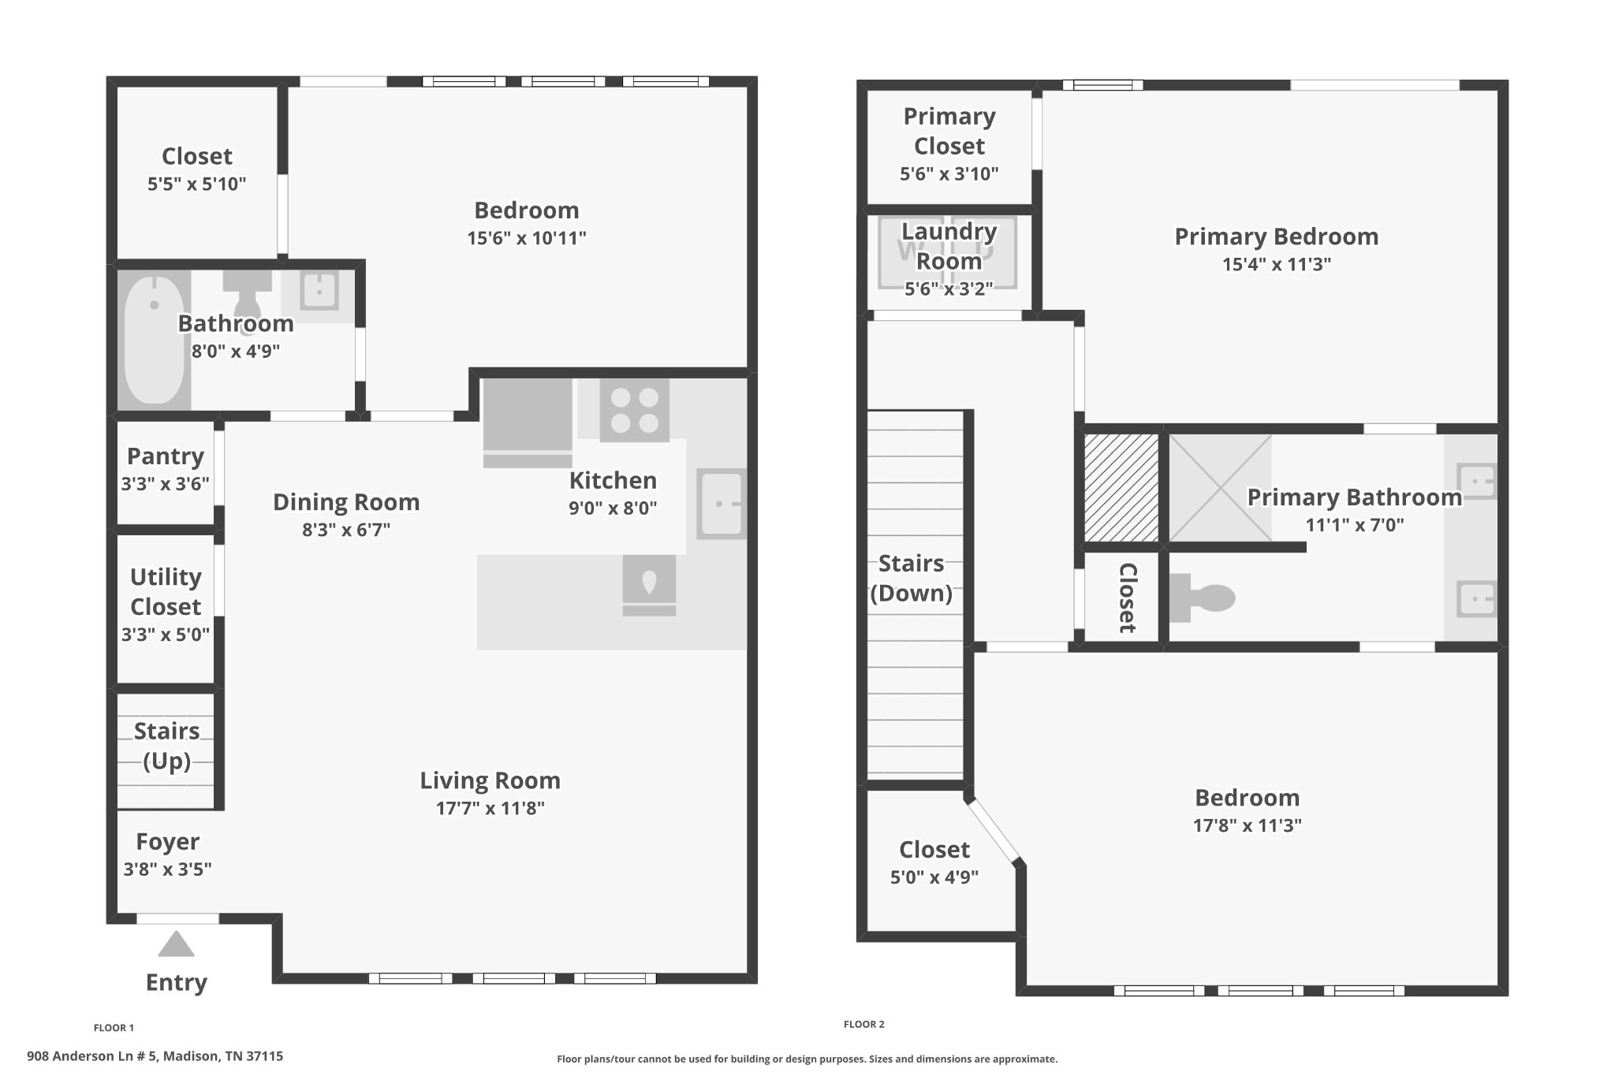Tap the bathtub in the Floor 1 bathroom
tap(155, 341)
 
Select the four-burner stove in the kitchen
tap(634, 410)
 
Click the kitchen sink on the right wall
tap(721, 504)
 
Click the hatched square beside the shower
tap(1121, 487)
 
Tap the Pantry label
tap(166, 456)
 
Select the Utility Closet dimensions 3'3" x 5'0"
tap(166, 635)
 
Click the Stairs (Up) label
tap(166, 746)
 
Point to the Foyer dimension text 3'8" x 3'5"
tap(167, 869)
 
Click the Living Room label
tap(490, 780)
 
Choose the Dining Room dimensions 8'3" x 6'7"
tap(346, 530)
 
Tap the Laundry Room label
tap(949, 246)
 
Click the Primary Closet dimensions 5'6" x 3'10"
tap(949, 173)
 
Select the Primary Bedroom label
tap(1276, 236)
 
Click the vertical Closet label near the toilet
tap(1126, 598)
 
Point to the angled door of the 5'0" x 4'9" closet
tap(994, 831)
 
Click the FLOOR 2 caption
tap(863, 1024)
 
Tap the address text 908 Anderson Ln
tap(155, 1056)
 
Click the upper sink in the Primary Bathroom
tap(1475, 480)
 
